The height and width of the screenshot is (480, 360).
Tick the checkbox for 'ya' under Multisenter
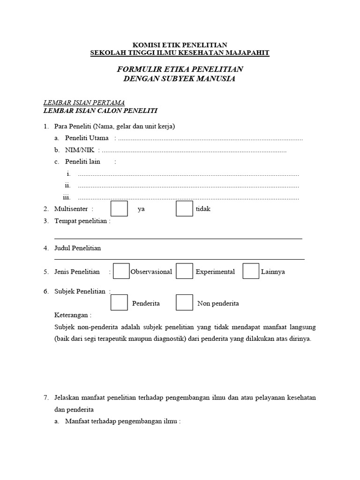pos(119,209)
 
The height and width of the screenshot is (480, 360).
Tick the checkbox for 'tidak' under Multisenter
pos(184,209)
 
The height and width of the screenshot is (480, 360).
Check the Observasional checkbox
pos(121,271)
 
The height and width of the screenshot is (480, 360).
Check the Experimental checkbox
pos(184,271)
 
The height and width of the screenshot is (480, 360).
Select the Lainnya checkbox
pos(251,271)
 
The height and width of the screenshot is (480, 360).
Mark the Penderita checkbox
pos(119,302)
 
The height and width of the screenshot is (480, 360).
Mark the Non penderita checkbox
pos(184,302)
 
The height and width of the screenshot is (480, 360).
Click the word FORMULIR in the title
pos(136,69)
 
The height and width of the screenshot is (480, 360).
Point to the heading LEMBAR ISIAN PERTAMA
pos(84,103)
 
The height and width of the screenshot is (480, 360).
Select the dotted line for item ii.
pos(188,186)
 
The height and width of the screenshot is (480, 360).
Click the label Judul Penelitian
pos(77,248)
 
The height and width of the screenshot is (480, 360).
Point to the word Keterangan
pos(73,315)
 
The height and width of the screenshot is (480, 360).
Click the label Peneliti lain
pos(82,162)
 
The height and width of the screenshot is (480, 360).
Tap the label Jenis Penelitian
pos(77,272)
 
